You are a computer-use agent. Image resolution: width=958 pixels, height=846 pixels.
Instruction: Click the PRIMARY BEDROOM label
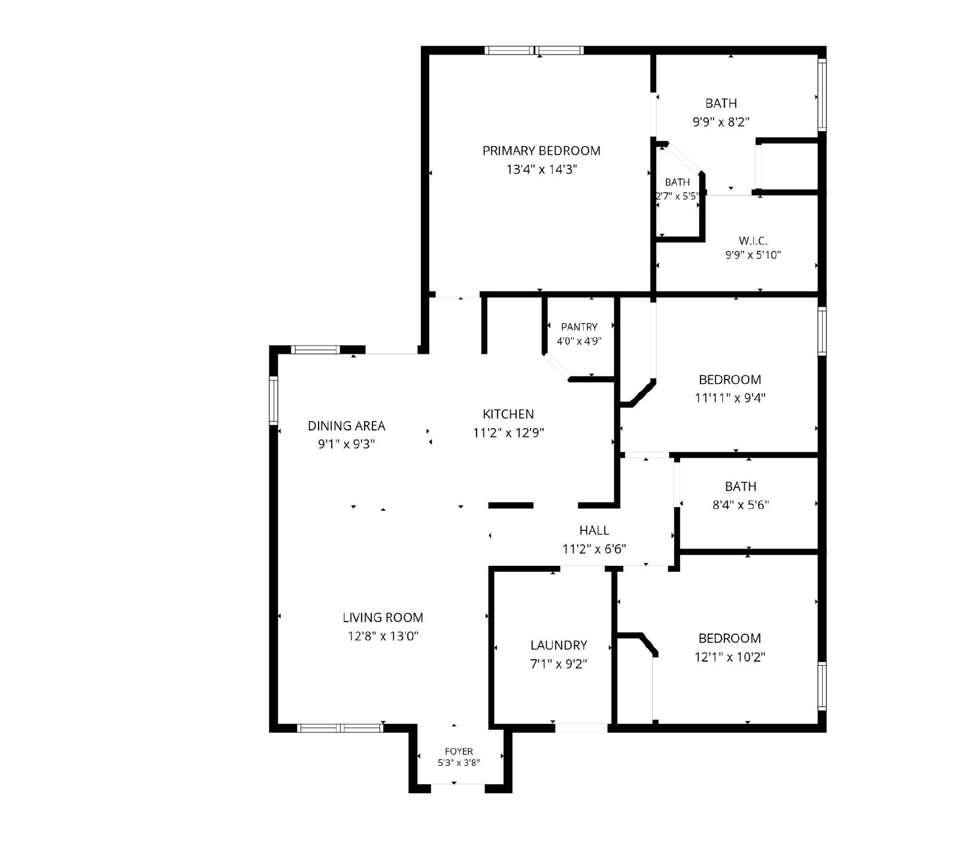541,151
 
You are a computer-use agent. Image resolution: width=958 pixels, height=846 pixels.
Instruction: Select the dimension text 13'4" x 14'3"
541,169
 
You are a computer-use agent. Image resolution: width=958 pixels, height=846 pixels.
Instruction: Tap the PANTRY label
579,327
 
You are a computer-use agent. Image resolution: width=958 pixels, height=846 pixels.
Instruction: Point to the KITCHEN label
508,414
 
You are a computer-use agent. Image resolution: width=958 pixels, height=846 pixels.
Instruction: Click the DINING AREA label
347,426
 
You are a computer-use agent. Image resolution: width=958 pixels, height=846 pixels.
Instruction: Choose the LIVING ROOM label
383,617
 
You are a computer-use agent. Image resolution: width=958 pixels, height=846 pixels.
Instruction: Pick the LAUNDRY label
559,645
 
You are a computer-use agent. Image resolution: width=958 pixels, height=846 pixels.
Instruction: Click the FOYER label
459,751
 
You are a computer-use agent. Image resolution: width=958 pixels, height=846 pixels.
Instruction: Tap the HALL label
594,530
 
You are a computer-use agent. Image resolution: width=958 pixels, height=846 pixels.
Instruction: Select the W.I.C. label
753,241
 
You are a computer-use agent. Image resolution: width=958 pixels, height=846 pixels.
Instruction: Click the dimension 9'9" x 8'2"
721,122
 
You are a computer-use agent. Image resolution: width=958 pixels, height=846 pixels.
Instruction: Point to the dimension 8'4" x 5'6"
741,505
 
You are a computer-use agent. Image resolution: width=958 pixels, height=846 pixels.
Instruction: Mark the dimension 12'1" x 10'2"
730,657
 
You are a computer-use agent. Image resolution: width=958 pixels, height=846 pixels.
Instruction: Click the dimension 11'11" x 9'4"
730,398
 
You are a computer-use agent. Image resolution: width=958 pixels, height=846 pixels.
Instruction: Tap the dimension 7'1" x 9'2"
559,664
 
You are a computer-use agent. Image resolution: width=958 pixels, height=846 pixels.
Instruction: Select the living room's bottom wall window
340,728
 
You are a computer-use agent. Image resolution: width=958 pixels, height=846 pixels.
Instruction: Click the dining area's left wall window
274,400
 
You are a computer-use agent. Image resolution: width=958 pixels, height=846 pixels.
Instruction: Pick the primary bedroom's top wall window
534,50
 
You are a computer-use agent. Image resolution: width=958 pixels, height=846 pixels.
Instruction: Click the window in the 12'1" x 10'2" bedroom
822,686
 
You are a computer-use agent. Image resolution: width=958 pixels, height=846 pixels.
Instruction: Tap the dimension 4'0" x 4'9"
579,341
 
